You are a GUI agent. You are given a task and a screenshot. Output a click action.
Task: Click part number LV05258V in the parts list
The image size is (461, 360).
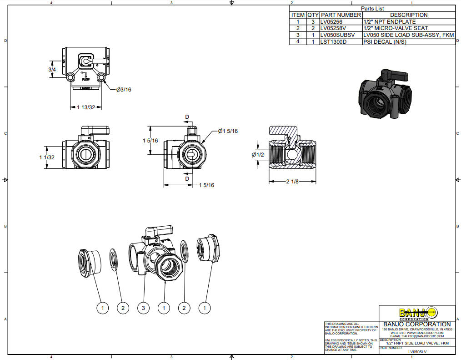(333, 28)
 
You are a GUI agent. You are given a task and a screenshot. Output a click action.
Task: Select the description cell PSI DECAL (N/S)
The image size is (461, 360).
(385, 42)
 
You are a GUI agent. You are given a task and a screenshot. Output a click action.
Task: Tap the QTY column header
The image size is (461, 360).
(313, 15)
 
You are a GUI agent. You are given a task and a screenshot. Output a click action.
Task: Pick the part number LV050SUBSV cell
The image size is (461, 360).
(337, 35)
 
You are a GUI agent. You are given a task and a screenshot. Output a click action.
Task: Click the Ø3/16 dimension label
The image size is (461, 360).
(124, 90)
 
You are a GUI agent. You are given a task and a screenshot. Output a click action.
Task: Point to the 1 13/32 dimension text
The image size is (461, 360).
(86, 107)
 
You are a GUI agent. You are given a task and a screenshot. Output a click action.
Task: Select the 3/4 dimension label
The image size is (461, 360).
(52, 70)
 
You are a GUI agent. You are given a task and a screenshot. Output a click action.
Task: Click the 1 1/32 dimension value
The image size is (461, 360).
(47, 157)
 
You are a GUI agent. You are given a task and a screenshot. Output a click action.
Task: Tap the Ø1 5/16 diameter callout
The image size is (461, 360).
(228, 131)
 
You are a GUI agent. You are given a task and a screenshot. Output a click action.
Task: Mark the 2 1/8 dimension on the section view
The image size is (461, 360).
(292, 182)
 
